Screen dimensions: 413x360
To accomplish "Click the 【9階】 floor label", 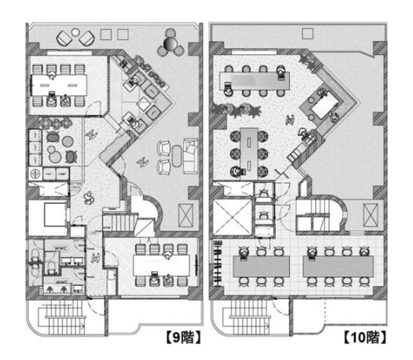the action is (x=184, y=337).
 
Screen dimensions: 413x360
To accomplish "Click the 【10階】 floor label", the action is (x=365, y=337).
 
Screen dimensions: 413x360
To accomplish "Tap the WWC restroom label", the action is (x=60, y=248).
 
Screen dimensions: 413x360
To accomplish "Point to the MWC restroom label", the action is (x=62, y=282).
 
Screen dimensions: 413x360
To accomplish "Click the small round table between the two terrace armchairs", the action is (x=76, y=32).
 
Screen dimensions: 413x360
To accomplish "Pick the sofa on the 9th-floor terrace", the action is (x=190, y=156).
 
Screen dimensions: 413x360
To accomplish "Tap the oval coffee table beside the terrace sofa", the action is (x=176, y=156).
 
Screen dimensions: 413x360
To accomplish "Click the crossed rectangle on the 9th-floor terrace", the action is (x=186, y=215).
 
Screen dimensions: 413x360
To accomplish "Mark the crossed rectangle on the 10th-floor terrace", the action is (x=370, y=215).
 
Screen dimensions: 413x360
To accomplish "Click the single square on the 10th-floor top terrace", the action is (x=308, y=34).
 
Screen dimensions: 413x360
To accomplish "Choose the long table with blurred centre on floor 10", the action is (x=255, y=81).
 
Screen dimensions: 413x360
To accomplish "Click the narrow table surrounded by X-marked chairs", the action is (x=249, y=153).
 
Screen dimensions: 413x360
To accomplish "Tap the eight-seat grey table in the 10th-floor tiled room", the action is (x=338, y=266).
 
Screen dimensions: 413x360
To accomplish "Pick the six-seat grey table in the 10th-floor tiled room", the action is (x=261, y=266).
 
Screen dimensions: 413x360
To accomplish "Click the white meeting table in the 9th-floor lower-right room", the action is (x=161, y=265).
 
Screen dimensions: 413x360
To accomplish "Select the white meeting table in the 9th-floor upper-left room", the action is (x=59, y=86).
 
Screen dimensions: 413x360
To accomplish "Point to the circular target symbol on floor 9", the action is (x=35, y=174).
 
